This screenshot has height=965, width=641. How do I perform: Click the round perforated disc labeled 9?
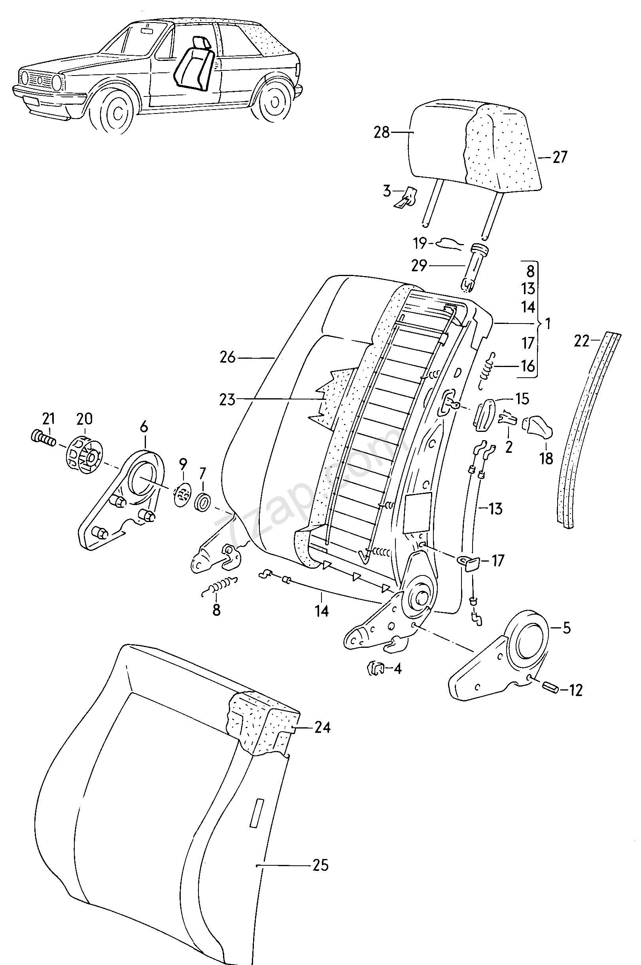point(183,494)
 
